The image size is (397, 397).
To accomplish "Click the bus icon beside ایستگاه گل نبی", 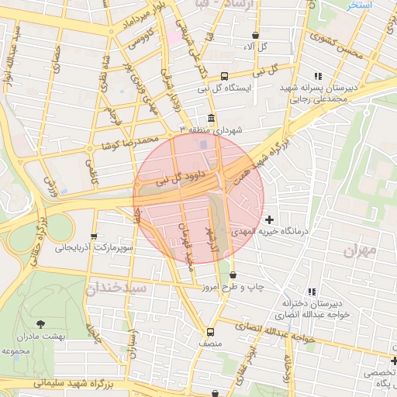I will pos(224,76).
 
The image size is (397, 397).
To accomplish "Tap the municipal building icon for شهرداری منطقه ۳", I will pos(211,117).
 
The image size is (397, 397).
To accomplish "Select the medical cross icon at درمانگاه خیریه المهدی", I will pos(269,220).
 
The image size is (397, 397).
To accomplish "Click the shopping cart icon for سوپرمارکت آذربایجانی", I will pos(94,237).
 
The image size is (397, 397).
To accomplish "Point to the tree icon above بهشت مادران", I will pos(40,324).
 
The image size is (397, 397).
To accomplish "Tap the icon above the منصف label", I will pos(210,330).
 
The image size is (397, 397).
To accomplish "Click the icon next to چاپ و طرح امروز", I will pos(233,274).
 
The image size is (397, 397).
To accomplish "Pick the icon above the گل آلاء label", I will pos(255,36).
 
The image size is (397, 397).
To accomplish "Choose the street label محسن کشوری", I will pos(335,46).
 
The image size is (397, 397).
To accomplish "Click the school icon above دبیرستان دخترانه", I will pos(312,292).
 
